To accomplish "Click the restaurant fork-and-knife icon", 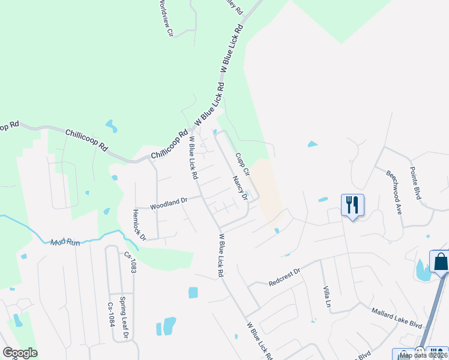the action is [352, 205].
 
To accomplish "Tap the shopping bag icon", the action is [440, 262].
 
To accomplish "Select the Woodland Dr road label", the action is [169, 203].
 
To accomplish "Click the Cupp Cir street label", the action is [242, 163].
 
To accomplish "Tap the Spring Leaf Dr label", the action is [124, 325].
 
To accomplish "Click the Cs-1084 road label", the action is [110, 314].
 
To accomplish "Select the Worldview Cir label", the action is [166, 19].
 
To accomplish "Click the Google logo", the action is [20, 353].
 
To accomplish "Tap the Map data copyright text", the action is [423, 355].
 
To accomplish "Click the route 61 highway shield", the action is [419, 350].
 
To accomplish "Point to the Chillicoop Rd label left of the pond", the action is [86, 139].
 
